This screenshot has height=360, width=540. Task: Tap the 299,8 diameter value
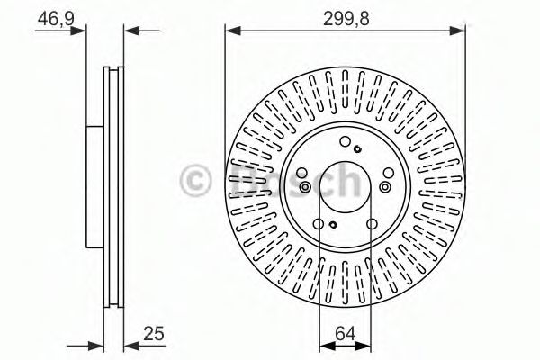pos(346,15)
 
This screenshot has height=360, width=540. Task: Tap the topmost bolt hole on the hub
pos(346,140)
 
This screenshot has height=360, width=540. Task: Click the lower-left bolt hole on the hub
pos(319,225)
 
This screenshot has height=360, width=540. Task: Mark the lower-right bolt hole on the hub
pos(372,225)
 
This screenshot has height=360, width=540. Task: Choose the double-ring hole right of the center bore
pos(385,186)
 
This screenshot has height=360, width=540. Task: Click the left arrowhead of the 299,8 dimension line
pos(231,31)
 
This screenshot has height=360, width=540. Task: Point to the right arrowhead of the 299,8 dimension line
pos(460,31)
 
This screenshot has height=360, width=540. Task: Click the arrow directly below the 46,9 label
pos(83,31)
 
